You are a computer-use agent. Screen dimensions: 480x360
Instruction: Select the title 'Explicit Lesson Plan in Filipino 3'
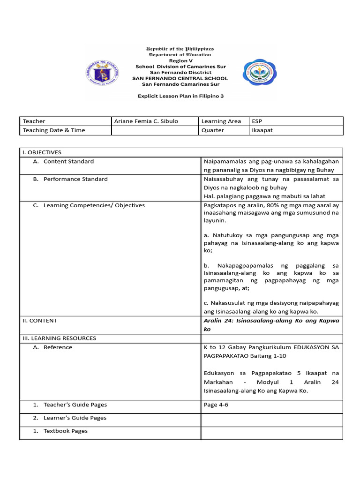pyautogui.click(x=180, y=95)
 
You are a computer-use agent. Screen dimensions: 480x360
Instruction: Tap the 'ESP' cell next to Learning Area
pyautogui.click(x=257, y=121)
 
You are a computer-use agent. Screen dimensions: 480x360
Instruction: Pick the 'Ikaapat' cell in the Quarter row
pyautogui.click(x=262, y=130)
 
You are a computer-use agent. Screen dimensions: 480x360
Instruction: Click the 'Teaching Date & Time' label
pyautogui.click(x=54, y=130)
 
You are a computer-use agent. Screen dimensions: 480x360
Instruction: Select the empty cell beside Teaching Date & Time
pyautogui.click(x=154, y=130)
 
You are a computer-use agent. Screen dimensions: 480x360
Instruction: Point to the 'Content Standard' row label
pyautogui.click(x=68, y=161)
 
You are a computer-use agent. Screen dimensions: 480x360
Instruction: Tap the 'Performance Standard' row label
pyautogui.click(x=75, y=179)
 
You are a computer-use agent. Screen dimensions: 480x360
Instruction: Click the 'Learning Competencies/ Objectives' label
pyautogui.click(x=94, y=205)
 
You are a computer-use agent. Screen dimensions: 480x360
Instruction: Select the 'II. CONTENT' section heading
pyautogui.click(x=40, y=321)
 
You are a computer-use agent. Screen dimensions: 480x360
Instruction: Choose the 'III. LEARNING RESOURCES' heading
pyautogui.click(x=59, y=338)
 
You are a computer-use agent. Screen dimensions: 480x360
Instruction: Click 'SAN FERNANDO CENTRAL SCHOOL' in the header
pyautogui.click(x=180, y=78)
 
